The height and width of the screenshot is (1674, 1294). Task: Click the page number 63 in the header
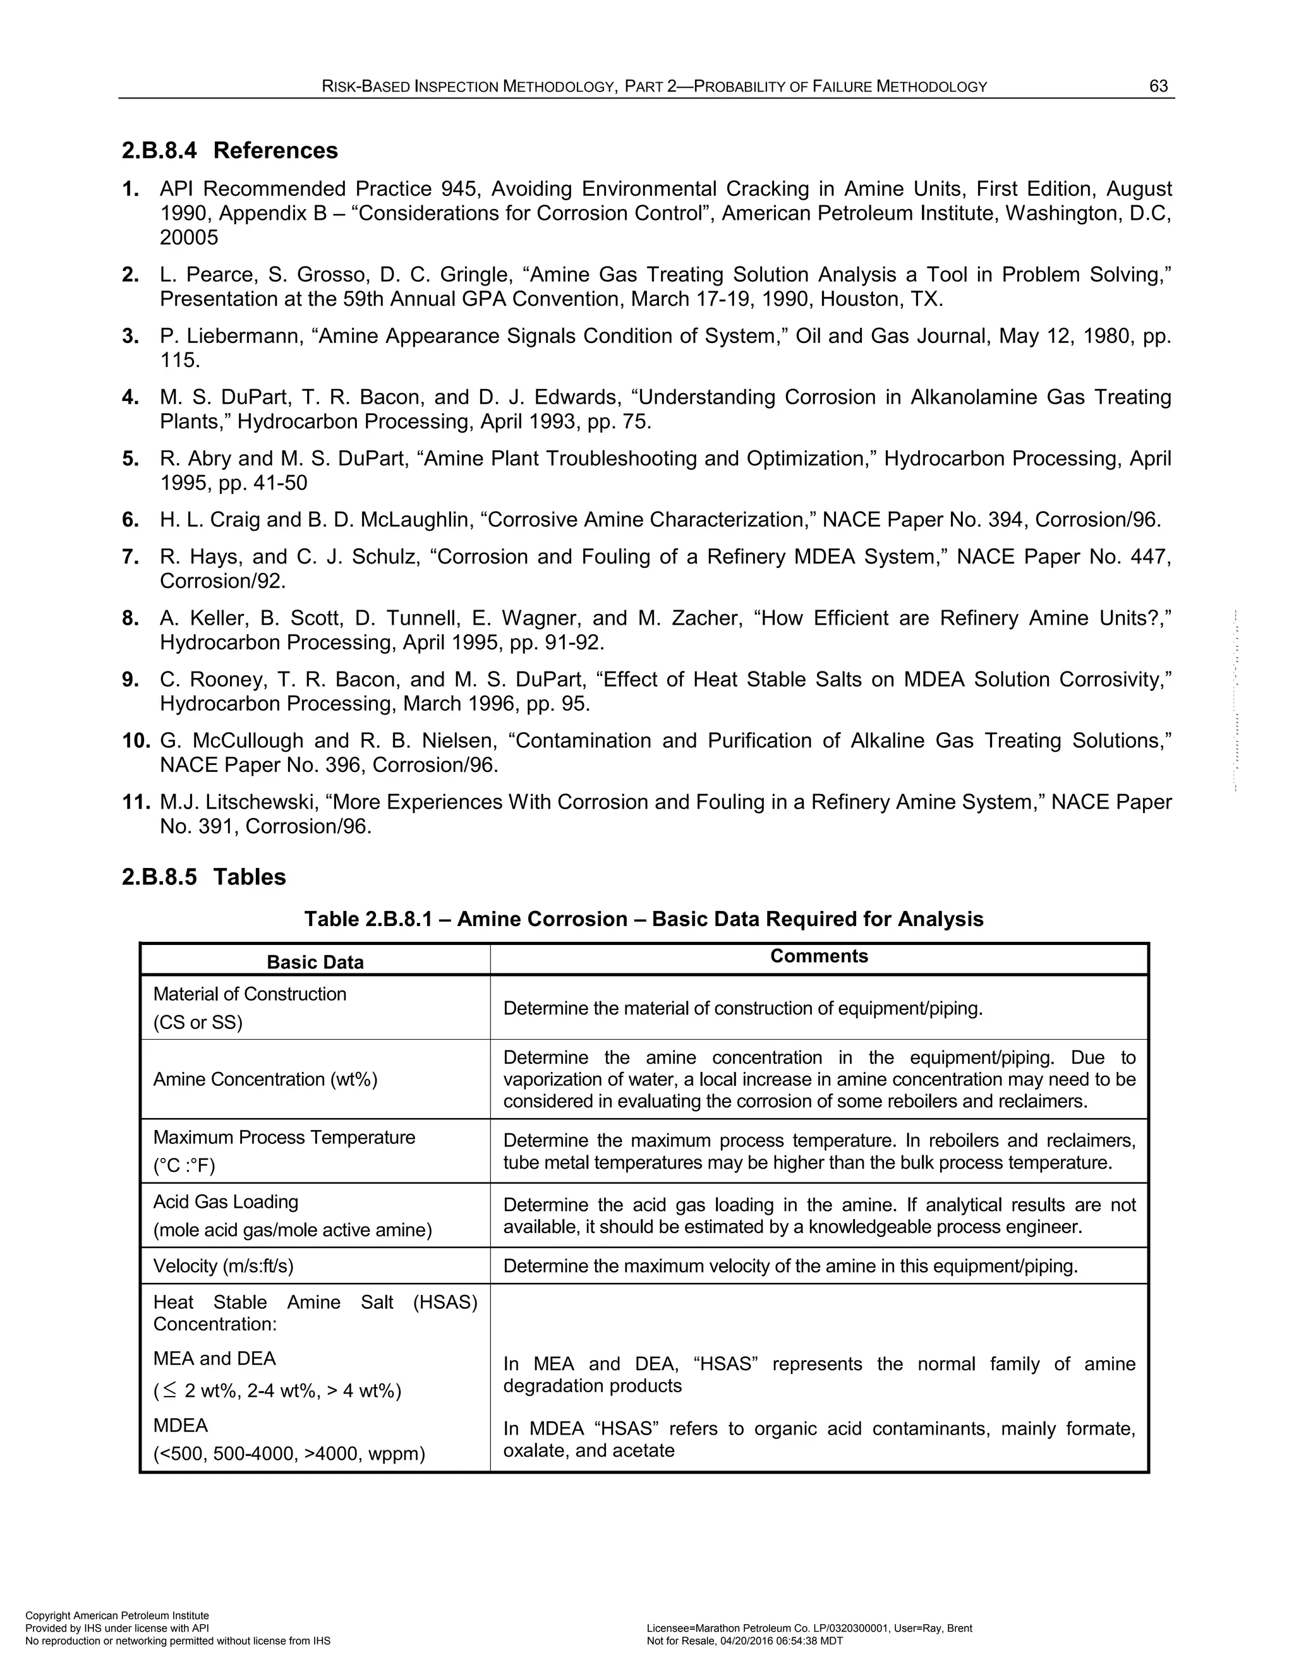[1158, 86]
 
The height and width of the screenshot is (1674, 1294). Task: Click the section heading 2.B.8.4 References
[229, 150]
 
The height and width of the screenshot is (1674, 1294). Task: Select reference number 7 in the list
[130, 557]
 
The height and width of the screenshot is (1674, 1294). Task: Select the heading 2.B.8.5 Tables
[203, 877]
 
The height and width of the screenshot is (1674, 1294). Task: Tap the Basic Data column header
[315, 962]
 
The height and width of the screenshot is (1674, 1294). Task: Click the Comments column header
[819, 956]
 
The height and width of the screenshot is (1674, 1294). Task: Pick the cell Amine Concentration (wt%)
[265, 1079]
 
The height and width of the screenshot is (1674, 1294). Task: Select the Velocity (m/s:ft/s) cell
[223, 1265]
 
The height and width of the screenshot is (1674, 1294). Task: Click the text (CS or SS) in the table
[198, 1023]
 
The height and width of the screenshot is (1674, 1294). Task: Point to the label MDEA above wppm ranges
[180, 1425]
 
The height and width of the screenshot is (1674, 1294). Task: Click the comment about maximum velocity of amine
[790, 1265]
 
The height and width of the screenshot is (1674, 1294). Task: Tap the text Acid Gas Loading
[226, 1202]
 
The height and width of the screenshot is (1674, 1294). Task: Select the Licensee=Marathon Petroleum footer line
[809, 1628]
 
